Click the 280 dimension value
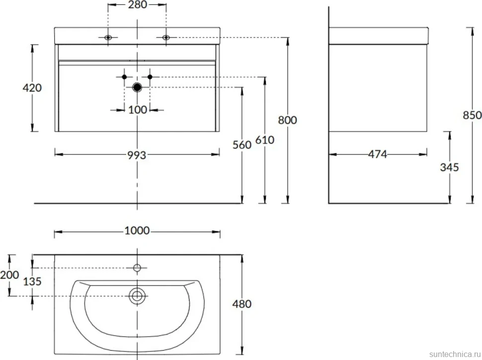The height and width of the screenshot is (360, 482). (138, 4)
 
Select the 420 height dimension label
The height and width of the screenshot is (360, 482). (32, 88)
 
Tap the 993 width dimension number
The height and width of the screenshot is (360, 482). (137, 155)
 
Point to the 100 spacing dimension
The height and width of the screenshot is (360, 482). (138, 110)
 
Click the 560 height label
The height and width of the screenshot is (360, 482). (242, 145)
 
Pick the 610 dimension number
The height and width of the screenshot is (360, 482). (265, 140)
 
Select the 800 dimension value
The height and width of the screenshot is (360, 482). (287, 120)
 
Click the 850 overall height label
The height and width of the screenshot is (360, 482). (472, 115)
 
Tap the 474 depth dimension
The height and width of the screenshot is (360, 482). (378, 154)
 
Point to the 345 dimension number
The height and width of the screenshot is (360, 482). (449, 168)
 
